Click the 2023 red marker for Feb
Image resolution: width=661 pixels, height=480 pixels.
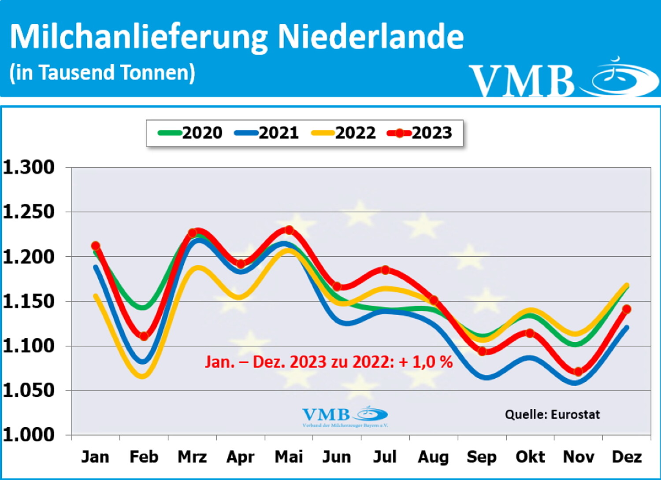[144, 336]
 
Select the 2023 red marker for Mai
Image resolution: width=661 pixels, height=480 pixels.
[289, 230]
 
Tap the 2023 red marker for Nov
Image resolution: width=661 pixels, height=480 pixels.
[579, 372]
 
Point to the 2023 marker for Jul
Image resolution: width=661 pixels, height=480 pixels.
[386, 270]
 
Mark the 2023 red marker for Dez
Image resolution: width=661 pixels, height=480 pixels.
[627, 309]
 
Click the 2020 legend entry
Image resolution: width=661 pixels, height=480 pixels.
[190, 133]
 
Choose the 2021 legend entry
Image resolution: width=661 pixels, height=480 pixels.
[267, 133]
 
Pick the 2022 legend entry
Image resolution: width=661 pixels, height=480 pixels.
[344, 133]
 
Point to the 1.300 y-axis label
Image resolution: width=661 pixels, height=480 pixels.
[29, 167]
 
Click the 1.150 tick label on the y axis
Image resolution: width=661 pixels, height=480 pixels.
[29, 302]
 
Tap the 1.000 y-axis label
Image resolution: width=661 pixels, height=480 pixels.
[29, 435]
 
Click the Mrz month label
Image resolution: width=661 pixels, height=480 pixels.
[192, 457]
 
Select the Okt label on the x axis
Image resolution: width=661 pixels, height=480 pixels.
[530, 457]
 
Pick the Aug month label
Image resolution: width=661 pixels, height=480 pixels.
[434, 457]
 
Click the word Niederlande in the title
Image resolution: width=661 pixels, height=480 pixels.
[371, 36]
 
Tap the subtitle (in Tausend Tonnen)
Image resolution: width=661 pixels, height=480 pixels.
[102, 73]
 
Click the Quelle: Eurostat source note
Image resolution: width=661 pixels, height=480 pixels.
[552, 414]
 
